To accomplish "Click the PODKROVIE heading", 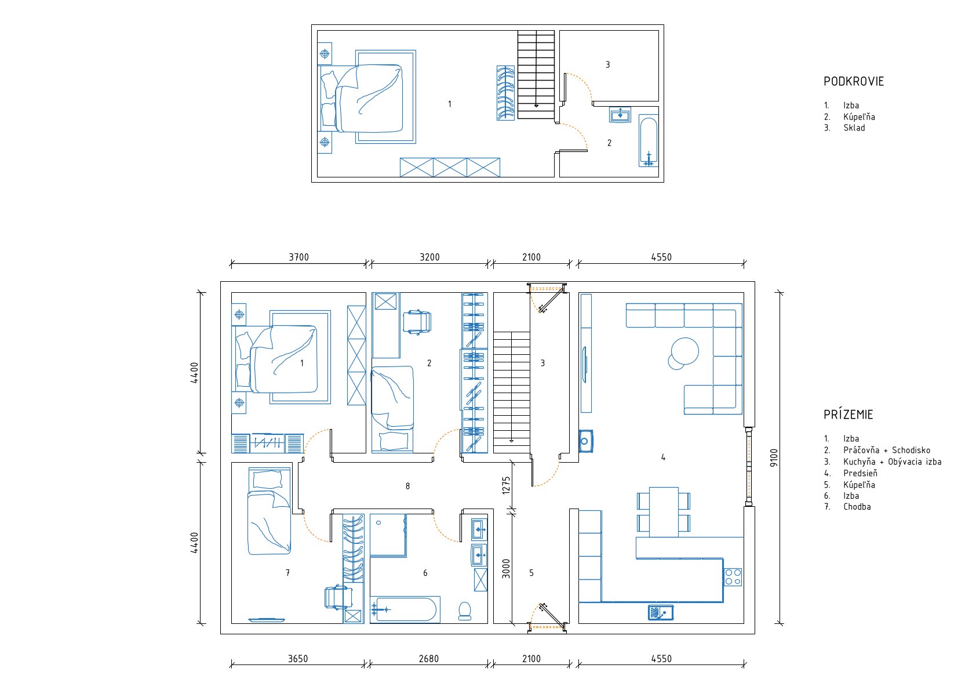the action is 854,82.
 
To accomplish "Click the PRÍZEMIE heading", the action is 848,415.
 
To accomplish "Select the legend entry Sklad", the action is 854,128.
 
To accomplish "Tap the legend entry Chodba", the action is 857,507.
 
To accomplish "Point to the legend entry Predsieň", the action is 860,473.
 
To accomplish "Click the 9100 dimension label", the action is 773,457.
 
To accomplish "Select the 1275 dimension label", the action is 506,485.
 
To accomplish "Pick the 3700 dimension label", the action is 298,257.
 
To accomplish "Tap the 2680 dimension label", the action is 429,659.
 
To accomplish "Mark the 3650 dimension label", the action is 297,659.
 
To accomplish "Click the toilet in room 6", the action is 465,611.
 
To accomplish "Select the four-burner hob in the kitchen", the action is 733,577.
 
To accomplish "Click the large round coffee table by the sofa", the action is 685,351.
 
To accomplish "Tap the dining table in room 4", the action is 664,512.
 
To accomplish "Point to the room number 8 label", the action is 407,486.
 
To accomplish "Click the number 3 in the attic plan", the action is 607,64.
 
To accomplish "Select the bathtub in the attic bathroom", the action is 649,140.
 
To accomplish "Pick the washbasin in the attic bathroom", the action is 620,115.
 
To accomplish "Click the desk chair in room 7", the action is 338,597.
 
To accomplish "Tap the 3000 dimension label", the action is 506,568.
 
